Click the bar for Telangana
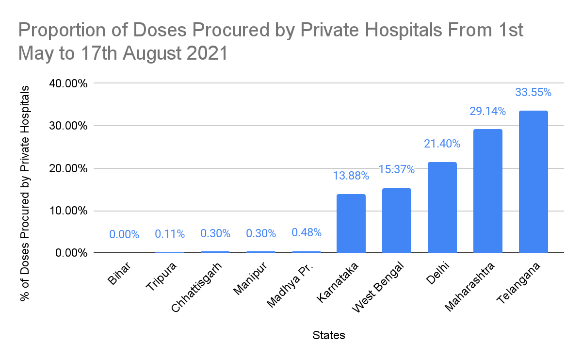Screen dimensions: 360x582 point(533,182)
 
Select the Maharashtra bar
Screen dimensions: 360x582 point(487,191)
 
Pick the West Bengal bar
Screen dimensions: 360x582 point(396,221)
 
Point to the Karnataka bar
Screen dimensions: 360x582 point(351,224)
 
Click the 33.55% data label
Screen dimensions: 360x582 point(533,92)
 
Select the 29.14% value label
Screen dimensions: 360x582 point(487,111)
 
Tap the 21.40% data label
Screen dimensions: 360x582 point(442,144)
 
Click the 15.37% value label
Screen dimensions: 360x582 point(396,169)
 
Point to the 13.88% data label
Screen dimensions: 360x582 point(351,176)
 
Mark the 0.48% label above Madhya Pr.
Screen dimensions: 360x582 point(306,232)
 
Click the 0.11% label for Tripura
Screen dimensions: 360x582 point(170,234)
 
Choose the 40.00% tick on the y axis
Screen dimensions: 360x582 point(68,83)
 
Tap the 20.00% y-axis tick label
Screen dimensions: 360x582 point(68,168)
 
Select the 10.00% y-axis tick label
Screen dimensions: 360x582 point(68,211)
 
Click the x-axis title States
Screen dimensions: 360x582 point(329,335)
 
